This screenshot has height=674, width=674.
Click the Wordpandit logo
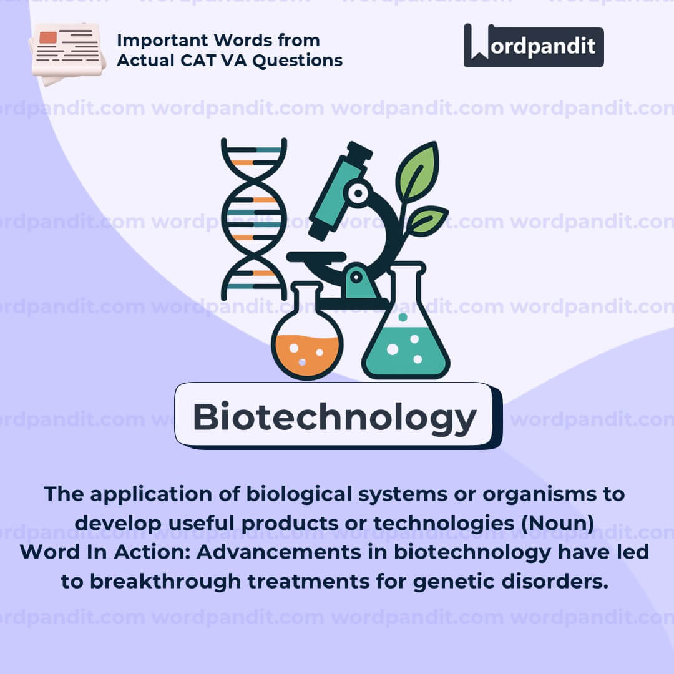click(534, 46)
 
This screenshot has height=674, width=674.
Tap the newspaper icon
click(67, 53)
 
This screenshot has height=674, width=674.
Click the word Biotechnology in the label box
click(335, 418)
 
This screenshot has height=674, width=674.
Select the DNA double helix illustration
click(253, 219)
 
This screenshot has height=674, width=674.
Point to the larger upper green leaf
click(416, 172)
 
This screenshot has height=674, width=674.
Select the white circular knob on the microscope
click(358, 193)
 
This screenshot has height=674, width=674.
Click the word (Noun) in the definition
click(557, 524)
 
